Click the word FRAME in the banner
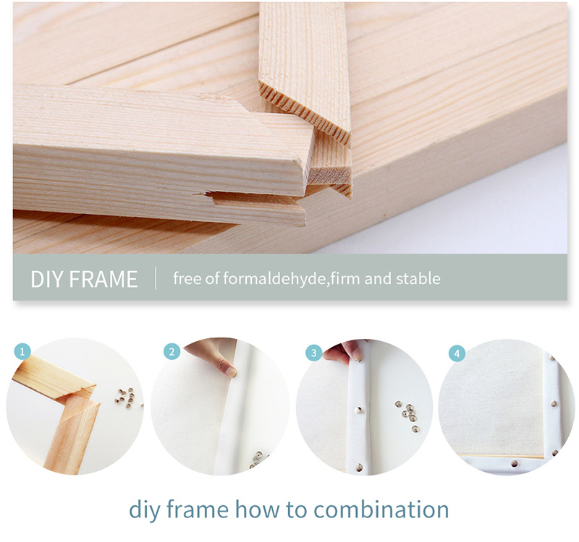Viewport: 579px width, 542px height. point(103,279)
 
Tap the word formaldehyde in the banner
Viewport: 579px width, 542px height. point(275,278)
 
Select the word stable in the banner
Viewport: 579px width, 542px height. point(418,278)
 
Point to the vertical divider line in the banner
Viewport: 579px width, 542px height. point(156,278)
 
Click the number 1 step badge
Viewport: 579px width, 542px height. point(22,351)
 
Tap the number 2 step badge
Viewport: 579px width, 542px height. point(172,351)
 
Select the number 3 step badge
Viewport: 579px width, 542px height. point(314,353)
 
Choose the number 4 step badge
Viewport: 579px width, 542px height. point(457,353)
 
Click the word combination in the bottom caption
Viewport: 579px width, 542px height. point(381,509)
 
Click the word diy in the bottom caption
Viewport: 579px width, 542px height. point(144,511)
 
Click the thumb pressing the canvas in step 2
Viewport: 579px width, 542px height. point(225,368)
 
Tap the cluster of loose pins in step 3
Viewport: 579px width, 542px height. point(408,415)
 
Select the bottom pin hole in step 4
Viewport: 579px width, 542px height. point(514,463)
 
